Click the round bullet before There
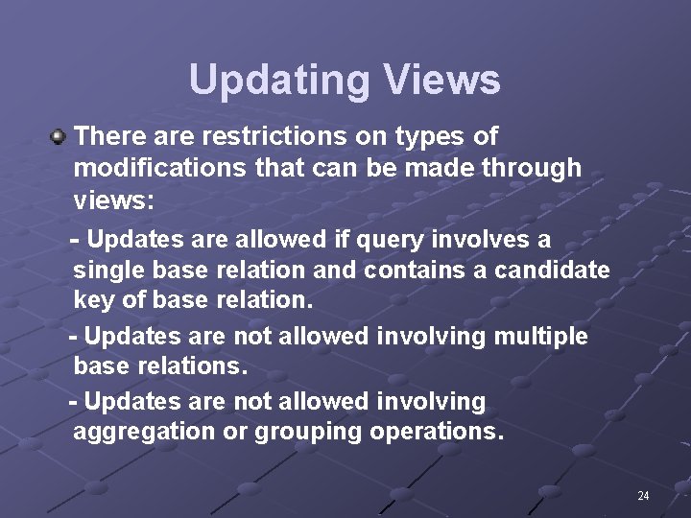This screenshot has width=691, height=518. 59,138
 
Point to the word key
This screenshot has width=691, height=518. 94,300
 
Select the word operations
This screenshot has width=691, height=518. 437,432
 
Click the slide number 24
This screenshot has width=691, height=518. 643,496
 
